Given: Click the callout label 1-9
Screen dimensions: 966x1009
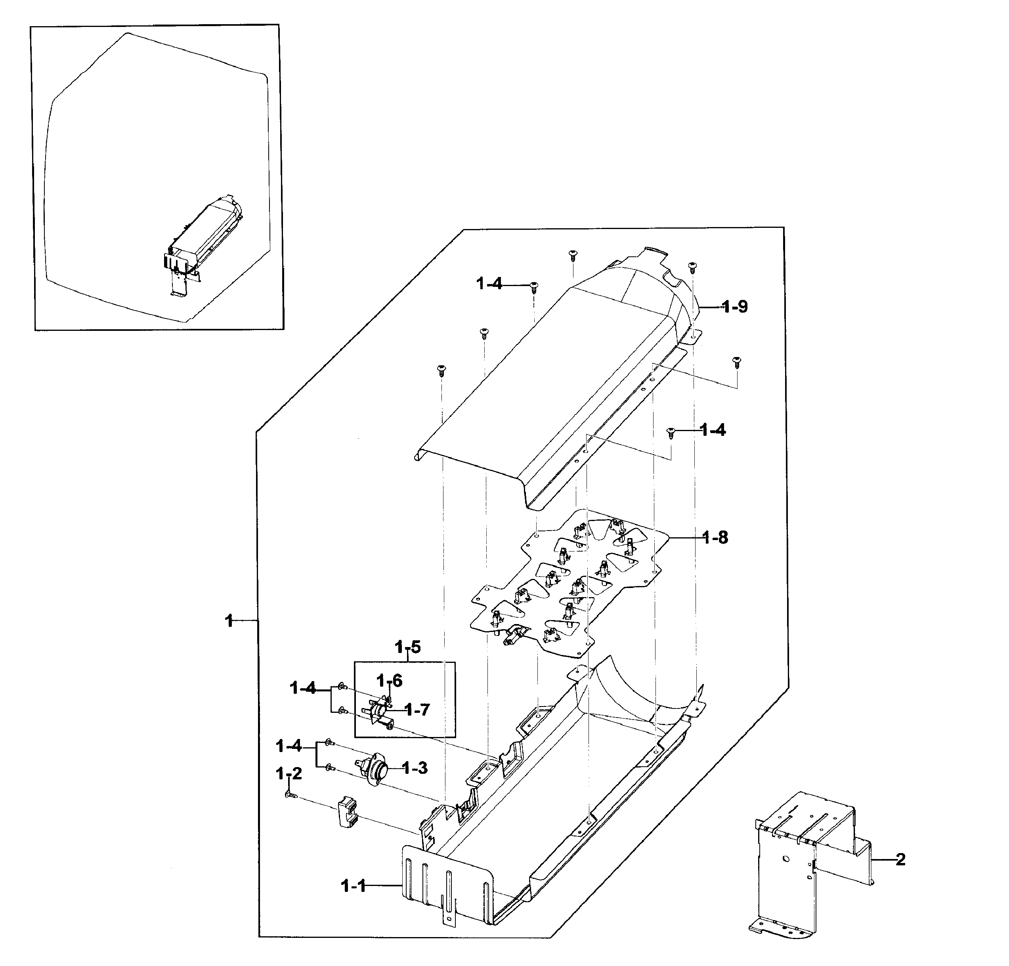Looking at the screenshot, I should point(735,307).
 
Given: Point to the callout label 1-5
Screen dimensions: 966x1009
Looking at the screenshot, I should point(408,647).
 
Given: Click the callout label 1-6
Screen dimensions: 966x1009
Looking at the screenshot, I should point(389,681).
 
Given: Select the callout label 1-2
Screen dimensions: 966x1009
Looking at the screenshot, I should point(289,773).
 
